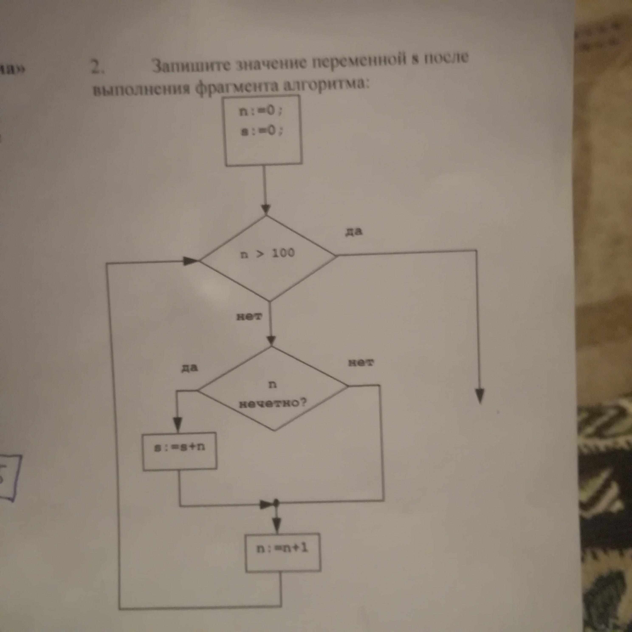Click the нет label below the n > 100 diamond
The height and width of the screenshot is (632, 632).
point(249,316)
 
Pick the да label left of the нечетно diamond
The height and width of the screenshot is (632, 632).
point(190,368)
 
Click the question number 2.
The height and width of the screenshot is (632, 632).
point(97,67)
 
